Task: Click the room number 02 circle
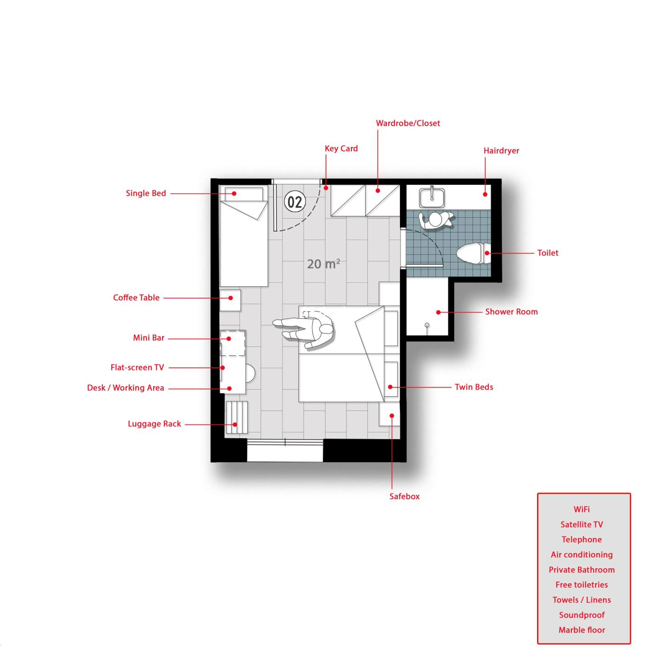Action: (295, 202)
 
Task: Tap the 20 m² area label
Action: (324, 264)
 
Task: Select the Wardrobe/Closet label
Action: (408, 123)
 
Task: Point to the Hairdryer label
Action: (501, 151)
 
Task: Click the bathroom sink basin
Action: (432, 198)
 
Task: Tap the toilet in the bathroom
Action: (473, 253)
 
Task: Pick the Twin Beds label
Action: (474, 387)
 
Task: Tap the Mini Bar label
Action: (149, 338)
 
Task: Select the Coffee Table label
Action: (136, 298)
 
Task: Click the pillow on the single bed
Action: (244, 194)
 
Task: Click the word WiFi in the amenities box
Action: (582, 509)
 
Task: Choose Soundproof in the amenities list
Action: (582, 615)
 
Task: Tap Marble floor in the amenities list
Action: (582, 630)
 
